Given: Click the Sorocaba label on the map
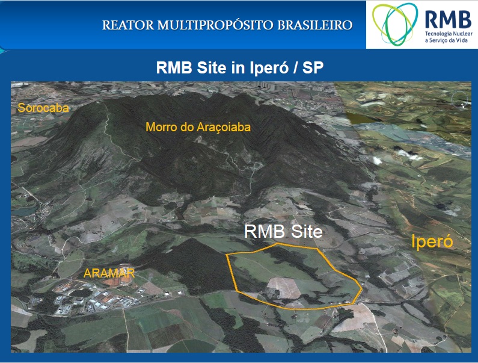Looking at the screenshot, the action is pos(43,108).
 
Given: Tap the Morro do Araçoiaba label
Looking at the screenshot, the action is pos(198,127).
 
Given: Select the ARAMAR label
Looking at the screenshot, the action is pos(109,273).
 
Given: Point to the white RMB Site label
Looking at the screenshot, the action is pos(283,232).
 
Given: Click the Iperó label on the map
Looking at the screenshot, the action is pos(432,241).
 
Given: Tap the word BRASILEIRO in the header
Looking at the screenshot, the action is pos(315,25).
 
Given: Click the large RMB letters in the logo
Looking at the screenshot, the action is pos(448,19).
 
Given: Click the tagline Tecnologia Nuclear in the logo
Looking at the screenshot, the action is pos(449,34).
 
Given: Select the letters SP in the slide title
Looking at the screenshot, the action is pos(313,67).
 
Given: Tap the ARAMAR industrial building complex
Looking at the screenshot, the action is pos(91,297).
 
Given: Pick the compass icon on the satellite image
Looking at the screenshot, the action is pos(460,99).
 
